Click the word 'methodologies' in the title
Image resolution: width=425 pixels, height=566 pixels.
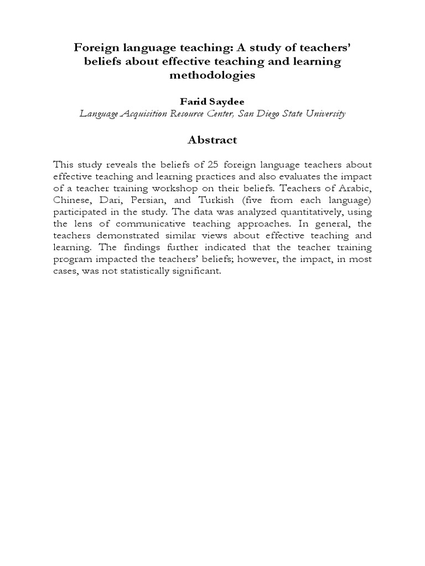pyautogui.click(x=212, y=76)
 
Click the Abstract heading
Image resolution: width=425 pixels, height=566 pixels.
pyautogui.click(x=212, y=140)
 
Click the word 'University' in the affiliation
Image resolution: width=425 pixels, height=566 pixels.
pyautogui.click(x=324, y=114)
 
